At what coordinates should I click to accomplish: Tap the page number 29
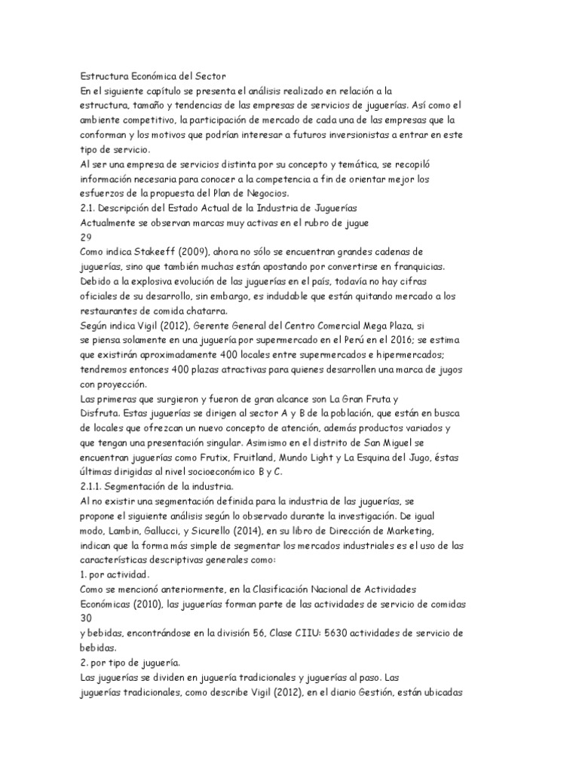(x=86, y=236)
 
